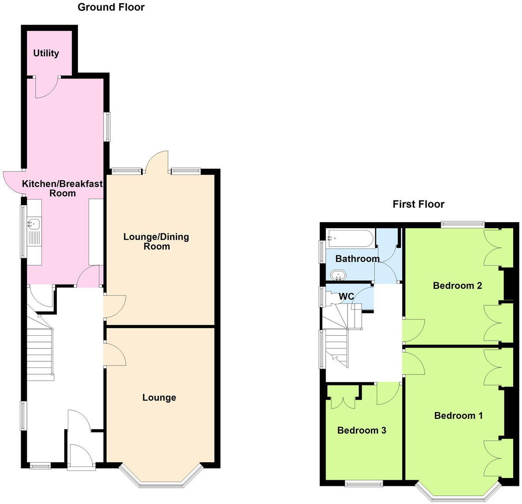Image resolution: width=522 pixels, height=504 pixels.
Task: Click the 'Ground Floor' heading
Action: coord(111,7)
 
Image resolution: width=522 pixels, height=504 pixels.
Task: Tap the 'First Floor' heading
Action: coord(418,204)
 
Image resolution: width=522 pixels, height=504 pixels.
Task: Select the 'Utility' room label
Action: coord(46,53)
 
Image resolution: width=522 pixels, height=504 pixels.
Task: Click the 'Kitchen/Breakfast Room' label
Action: coord(63,189)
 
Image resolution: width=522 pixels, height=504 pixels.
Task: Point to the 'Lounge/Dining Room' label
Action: coord(156,241)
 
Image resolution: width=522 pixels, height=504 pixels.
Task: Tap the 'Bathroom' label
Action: coord(357,259)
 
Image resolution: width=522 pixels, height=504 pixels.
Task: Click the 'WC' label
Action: coord(346,296)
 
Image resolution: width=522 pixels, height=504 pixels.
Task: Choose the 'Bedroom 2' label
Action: coord(457,285)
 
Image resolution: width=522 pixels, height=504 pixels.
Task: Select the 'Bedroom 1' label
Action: coord(458,415)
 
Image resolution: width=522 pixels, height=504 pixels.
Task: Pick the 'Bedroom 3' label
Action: coord(362,430)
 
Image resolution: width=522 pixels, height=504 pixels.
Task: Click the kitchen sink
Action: coord(34,224)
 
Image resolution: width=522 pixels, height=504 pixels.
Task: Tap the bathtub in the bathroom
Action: coord(350,239)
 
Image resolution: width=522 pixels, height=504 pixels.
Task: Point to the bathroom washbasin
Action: coord(339,275)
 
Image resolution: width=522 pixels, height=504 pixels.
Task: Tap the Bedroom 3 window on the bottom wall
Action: coord(364,483)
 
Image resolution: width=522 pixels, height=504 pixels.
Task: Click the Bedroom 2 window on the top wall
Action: coord(463,224)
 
